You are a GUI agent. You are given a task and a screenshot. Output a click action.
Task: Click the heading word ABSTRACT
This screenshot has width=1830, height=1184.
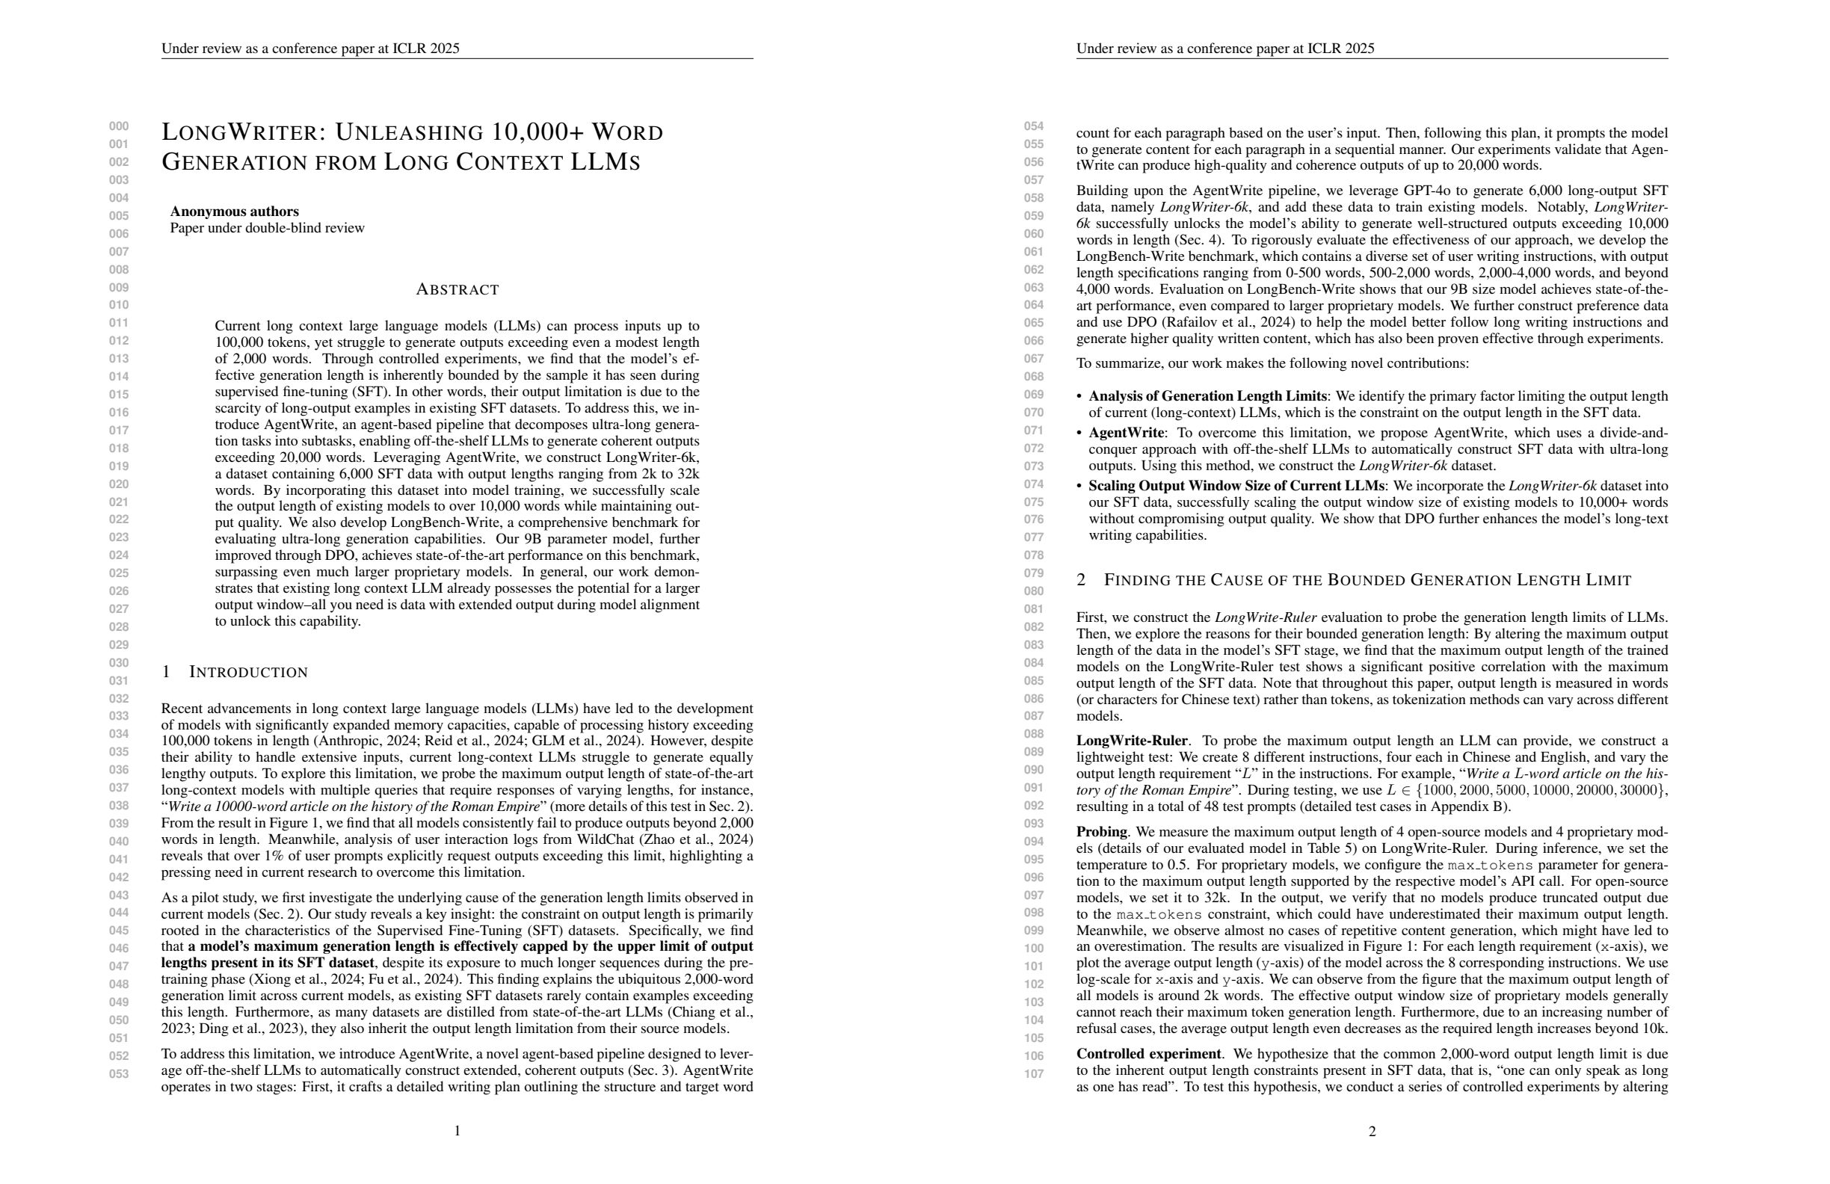click(457, 290)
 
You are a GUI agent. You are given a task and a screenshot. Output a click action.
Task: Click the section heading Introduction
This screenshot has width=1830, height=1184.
click(247, 673)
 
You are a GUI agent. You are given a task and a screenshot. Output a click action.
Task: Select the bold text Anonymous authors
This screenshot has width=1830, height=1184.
click(235, 212)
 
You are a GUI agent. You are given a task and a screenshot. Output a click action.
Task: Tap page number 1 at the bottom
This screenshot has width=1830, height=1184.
click(457, 1131)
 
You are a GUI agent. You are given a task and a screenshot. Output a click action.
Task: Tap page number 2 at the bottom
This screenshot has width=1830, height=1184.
click(1372, 1132)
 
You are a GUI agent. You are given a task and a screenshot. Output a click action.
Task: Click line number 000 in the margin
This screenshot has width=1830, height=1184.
click(118, 127)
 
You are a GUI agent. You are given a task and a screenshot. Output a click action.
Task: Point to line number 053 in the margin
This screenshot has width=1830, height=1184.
click(118, 1074)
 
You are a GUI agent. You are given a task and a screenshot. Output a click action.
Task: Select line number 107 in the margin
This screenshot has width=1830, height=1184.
click(1033, 1074)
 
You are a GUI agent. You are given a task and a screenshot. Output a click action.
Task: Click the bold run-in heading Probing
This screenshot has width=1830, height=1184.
click(1101, 832)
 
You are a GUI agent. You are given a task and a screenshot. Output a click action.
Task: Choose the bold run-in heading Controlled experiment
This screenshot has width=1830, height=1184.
click(1148, 1054)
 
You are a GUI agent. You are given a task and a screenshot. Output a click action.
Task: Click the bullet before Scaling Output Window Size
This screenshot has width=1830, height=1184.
click(1079, 487)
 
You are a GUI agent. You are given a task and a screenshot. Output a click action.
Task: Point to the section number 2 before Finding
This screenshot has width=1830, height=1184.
click(1081, 581)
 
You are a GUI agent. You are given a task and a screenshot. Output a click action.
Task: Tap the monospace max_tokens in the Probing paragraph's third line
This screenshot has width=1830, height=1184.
click(1483, 866)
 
